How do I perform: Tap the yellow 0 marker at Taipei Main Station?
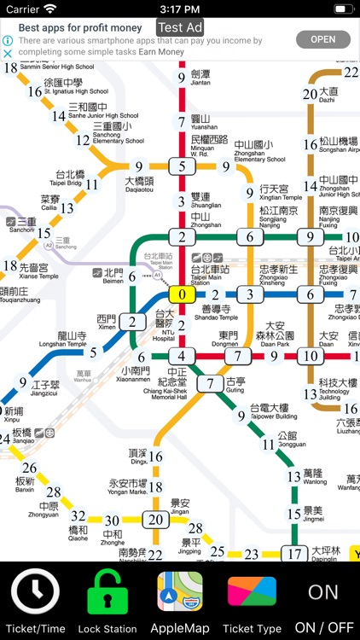click(182, 294)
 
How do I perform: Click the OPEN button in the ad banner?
click(322, 39)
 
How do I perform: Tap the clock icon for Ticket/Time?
click(35, 591)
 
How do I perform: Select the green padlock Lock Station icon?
click(107, 591)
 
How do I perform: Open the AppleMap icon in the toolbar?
click(180, 593)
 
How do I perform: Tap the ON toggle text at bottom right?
click(323, 592)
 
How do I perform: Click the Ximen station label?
click(107, 323)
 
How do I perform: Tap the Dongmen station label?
click(229, 340)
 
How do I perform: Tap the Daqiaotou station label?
click(139, 185)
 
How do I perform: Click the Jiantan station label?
click(200, 78)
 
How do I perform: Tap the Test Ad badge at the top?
click(180, 27)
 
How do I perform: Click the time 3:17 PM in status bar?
click(180, 9)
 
